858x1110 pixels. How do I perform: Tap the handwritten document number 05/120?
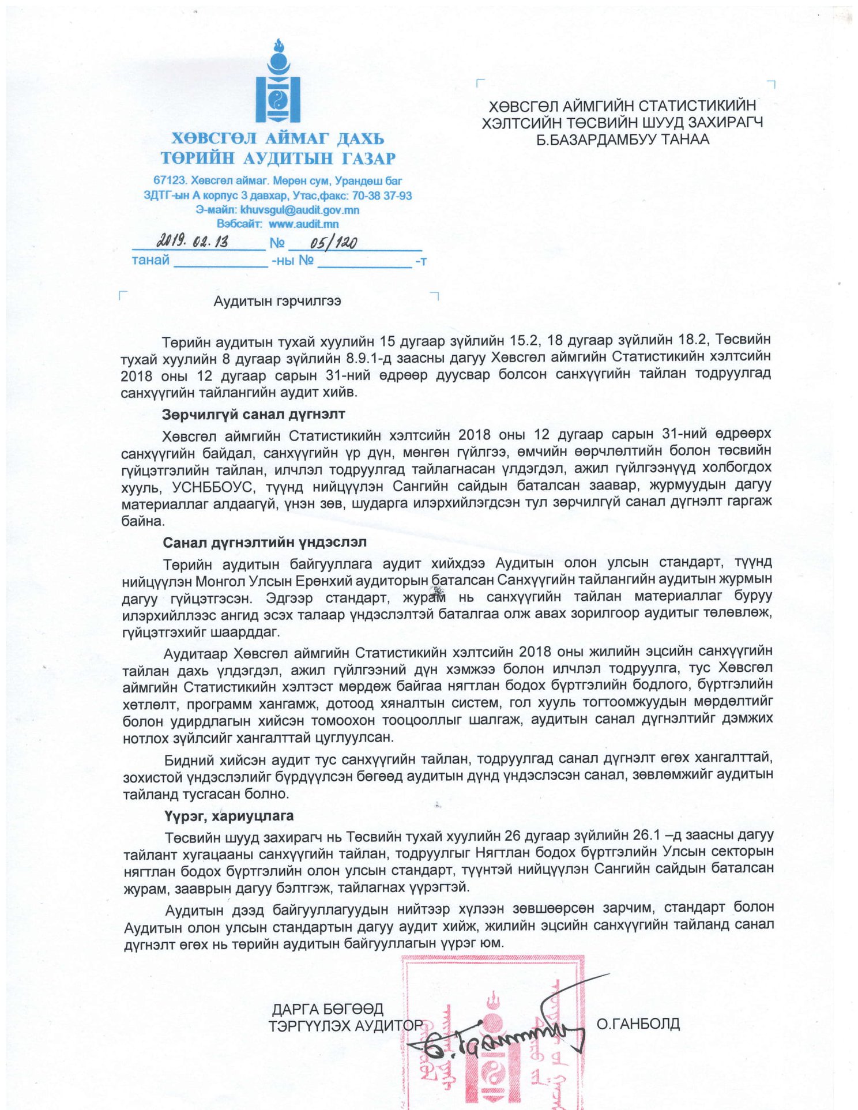pos(333,242)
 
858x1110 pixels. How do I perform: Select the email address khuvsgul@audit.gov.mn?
pos(300,210)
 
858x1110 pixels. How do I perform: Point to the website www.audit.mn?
pos(303,224)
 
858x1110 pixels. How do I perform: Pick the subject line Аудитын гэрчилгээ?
pos(277,301)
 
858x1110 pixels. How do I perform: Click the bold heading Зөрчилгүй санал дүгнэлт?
pos(254,414)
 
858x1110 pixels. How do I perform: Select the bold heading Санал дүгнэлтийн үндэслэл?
pos(265,543)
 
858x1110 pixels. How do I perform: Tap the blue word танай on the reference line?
pos(150,260)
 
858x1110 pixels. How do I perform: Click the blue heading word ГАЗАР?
pos(367,158)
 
